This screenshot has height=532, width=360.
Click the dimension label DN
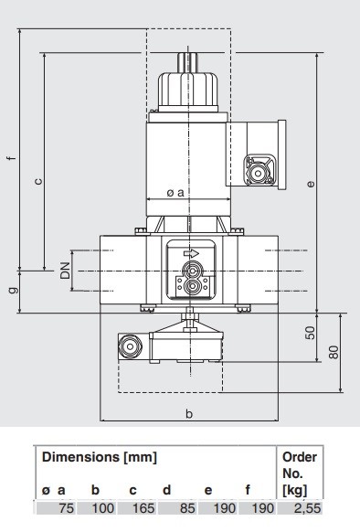(x=65, y=271)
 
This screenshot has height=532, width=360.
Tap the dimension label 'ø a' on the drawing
(x=175, y=193)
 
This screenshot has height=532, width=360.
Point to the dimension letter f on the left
(x=12, y=158)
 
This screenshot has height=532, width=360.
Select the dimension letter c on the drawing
(x=39, y=181)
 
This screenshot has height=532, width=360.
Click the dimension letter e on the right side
(x=310, y=184)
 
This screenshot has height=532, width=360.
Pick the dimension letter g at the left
(x=14, y=290)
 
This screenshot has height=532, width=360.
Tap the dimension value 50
(x=310, y=333)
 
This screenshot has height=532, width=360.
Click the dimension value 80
(x=334, y=352)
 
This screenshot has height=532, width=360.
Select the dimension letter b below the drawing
(x=189, y=413)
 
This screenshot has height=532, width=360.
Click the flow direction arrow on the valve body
(x=191, y=253)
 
